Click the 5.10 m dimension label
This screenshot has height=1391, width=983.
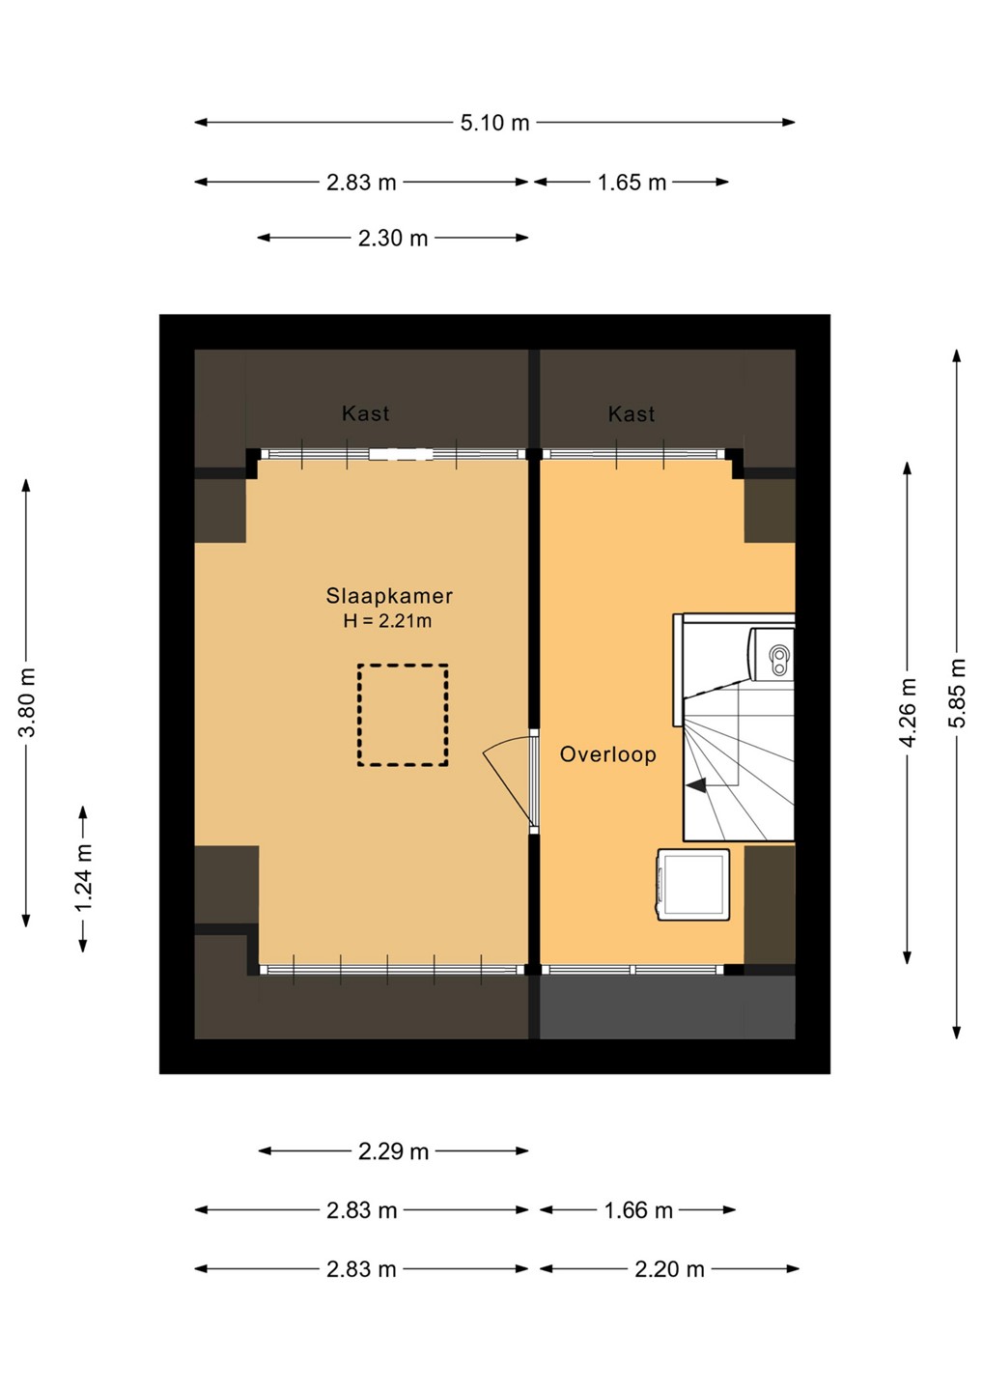(494, 123)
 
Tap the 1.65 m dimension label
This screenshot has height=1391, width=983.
(632, 183)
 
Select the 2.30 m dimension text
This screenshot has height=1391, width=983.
(393, 238)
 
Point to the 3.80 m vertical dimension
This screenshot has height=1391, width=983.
(27, 701)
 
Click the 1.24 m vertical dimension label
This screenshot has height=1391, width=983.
(83, 878)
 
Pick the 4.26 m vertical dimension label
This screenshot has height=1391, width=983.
(908, 712)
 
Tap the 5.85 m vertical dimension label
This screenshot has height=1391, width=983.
(958, 693)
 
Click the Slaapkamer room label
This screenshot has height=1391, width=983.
(389, 596)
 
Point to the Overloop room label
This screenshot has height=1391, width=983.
(607, 754)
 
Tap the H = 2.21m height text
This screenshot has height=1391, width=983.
(387, 620)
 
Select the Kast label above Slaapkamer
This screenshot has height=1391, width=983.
(366, 413)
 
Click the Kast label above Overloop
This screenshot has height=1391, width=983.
(632, 414)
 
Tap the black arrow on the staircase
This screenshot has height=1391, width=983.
(696, 785)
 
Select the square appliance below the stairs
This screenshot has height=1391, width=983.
(693, 885)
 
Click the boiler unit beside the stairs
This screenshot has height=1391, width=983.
(772, 654)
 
